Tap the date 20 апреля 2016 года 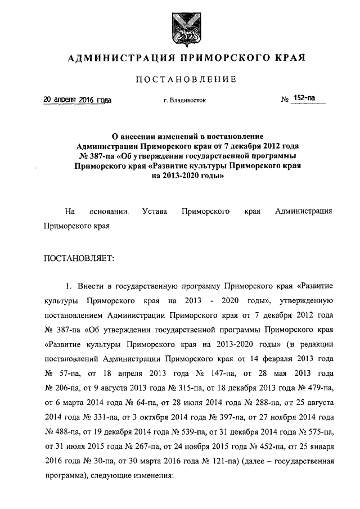pyautogui.click(x=78, y=100)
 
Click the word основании pyautogui.click(x=108, y=211)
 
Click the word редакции pyautogui.click(x=318, y=345)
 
